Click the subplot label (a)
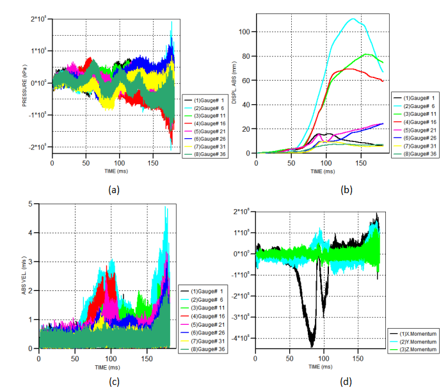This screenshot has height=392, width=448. [x=113, y=189]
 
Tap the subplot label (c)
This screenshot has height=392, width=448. [x=113, y=382]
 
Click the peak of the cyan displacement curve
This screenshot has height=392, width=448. [x=353, y=19]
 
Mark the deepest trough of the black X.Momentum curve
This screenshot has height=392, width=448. [x=312, y=346]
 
